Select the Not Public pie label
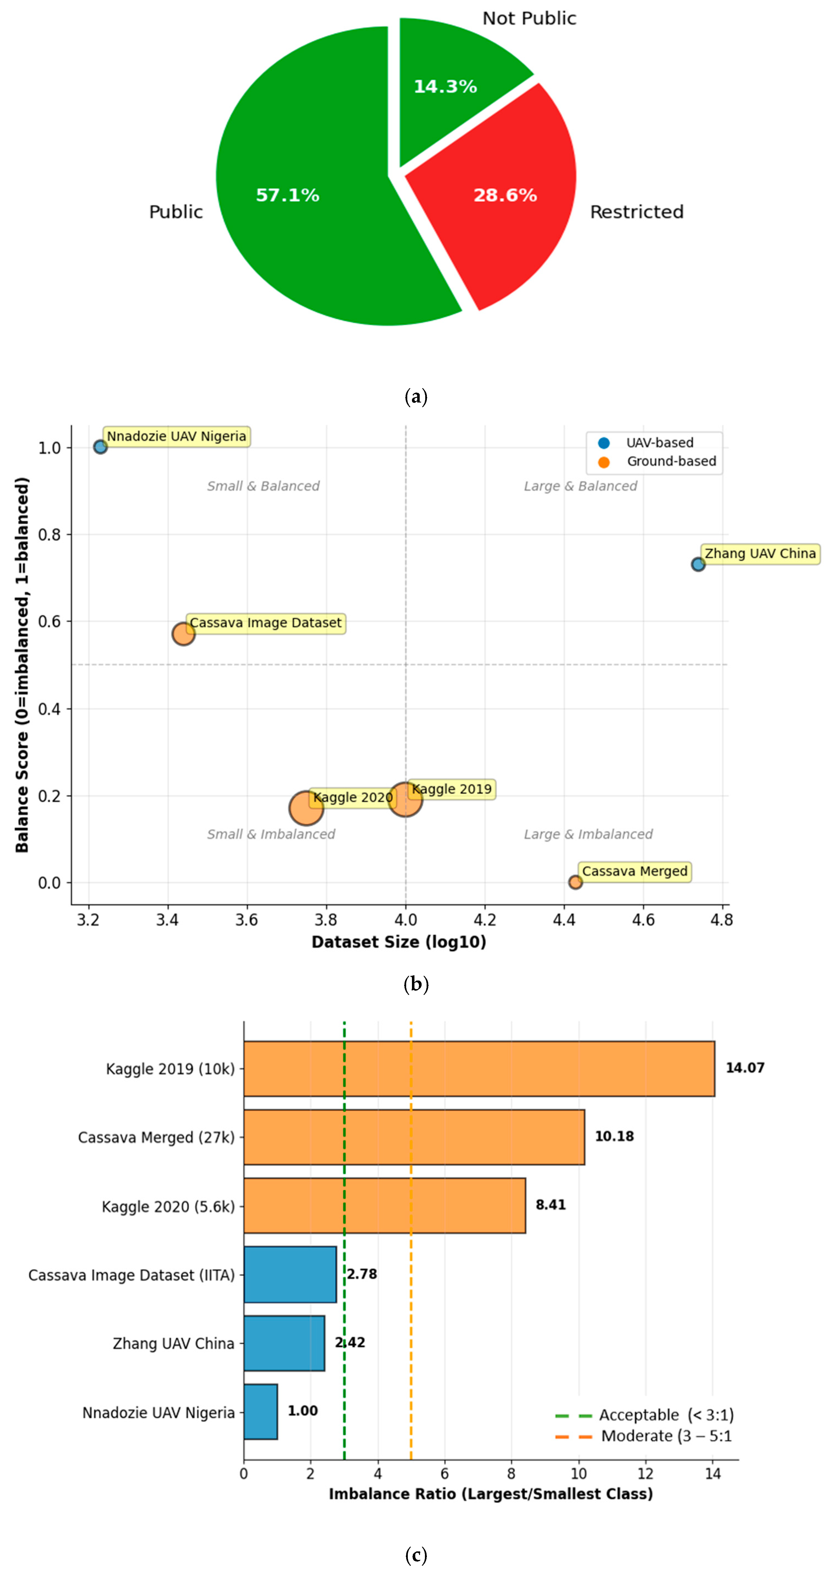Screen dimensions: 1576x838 [529, 18]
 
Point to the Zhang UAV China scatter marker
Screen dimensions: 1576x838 [698, 564]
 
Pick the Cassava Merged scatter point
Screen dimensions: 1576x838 [575, 882]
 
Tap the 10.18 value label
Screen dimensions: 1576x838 [614, 1136]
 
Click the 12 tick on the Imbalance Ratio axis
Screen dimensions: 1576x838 [645, 1474]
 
